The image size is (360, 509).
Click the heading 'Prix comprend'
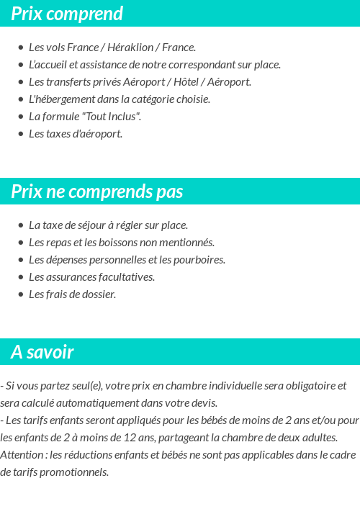click(67, 14)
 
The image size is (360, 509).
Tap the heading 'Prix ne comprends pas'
click(97, 192)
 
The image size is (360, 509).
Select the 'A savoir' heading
click(42, 352)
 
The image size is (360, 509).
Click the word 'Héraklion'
click(131, 48)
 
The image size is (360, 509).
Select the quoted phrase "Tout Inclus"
click(112, 117)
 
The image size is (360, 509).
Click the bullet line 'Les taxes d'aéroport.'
click(76, 134)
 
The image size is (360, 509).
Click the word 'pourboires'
click(200, 260)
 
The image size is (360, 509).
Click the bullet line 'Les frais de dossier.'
click(72, 294)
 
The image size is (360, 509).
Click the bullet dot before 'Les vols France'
click(20, 48)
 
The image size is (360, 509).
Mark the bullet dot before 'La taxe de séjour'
click(20, 225)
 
